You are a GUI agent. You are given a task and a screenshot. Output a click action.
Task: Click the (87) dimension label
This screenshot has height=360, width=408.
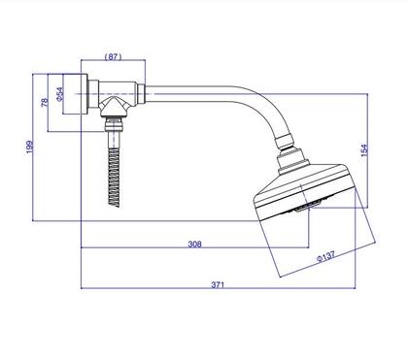click(x=113, y=56)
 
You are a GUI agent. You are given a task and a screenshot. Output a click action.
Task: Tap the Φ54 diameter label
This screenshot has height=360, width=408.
click(x=60, y=94)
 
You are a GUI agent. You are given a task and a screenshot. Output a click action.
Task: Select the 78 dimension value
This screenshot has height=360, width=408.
click(x=45, y=103)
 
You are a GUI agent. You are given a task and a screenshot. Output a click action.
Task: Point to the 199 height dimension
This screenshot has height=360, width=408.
click(x=29, y=147)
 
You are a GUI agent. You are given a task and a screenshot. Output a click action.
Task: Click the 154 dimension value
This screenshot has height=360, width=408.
click(x=364, y=150)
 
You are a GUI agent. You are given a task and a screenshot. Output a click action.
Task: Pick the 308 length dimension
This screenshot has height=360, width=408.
click(x=194, y=244)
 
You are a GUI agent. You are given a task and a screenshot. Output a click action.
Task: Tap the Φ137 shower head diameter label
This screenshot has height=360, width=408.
click(x=325, y=256)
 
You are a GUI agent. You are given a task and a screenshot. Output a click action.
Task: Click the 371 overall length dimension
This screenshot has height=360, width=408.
click(x=218, y=284)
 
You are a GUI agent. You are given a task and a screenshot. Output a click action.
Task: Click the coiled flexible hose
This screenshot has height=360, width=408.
click(x=114, y=178)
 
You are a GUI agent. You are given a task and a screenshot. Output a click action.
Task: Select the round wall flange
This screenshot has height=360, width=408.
click(x=75, y=94)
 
